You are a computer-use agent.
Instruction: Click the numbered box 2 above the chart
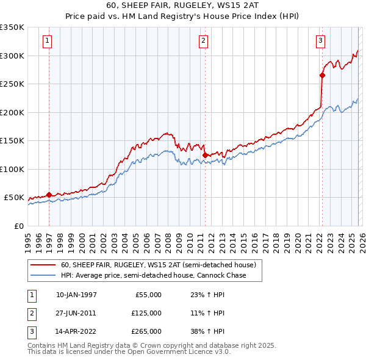point(204,41)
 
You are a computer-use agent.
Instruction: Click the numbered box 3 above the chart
point(320,41)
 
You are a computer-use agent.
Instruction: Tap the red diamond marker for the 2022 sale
point(321,76)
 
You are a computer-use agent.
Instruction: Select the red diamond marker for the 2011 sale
point(205,155)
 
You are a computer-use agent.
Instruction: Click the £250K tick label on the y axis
point(12,84)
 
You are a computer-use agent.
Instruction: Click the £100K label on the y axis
point(12,169)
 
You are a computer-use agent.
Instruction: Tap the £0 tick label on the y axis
point(18,226)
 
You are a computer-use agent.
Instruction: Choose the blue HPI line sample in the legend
point(42,276)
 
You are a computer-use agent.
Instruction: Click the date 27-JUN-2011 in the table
point(76,313)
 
